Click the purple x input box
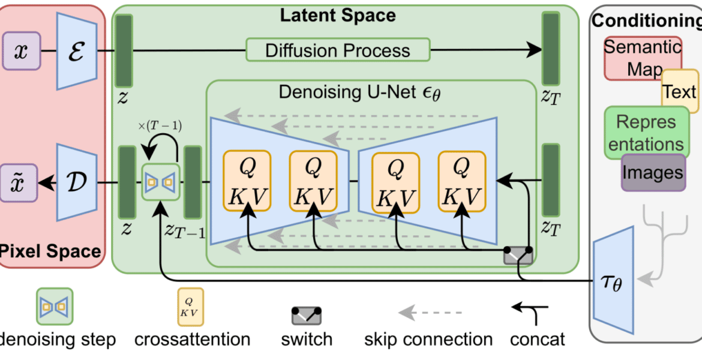[x=22, y=50]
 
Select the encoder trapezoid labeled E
[x=77, y=50]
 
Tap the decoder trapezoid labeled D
[x=77, y=182]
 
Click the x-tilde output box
[x=19, y=182]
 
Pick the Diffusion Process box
[x=338, y=50]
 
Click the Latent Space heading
[x=338, y=15]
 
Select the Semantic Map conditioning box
[x=643, y=58]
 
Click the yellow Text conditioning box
[x=680, y=91]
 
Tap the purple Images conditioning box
[x=653, y=173]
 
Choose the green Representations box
[x=646, y=133]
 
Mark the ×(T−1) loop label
[x=160, y=127]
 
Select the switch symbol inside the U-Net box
[x=518, y=255]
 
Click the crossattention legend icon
[x=190, y=306]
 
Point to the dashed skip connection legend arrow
[x=430, y=313]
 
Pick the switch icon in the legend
[x=307, y=316]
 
